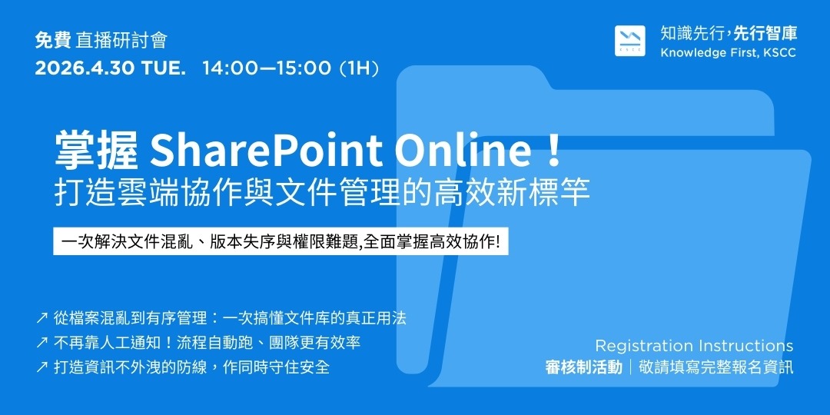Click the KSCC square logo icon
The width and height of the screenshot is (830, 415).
click(630, 41)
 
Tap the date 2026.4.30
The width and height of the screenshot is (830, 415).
click(85, 69)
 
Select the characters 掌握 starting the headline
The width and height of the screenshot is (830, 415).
click(97, 151)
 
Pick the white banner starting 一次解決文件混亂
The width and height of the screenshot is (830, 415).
click(281, 241)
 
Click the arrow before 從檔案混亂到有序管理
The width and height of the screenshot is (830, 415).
click(41, 319)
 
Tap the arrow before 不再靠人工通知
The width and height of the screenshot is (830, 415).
click(41, 343)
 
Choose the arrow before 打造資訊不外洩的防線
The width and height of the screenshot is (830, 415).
click(41, 367)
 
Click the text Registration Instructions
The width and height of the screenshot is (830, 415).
click(694, 346)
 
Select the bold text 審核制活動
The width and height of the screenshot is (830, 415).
click(584, 367)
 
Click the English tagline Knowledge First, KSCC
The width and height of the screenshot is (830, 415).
click(729, 54)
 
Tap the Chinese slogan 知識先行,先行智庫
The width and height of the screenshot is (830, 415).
click(729, 34)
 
